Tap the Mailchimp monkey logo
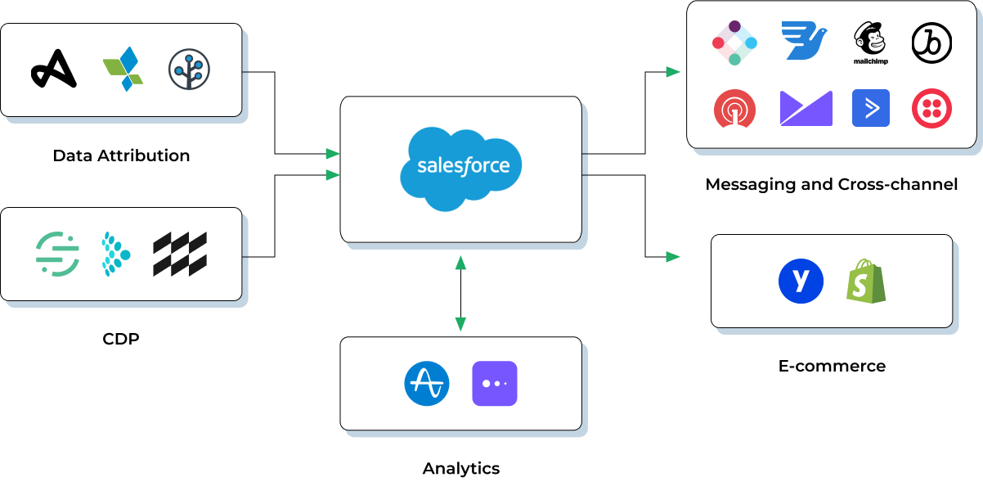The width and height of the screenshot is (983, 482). click(870, 42)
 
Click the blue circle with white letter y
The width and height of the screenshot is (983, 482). click(801, 281)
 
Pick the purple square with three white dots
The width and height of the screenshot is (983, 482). click(495, 384)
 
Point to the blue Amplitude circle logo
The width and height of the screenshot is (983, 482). click(427, 384)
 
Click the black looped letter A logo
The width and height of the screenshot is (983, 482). click(54, 69)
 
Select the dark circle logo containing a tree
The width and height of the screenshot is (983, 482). click(189, 70)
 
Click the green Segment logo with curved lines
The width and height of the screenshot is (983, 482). click(57, 254)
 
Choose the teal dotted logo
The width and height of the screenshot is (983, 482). click(114, 254)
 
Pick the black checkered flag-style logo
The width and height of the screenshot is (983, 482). click(180, 254)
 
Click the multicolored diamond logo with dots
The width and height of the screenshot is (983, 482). click(734, 43)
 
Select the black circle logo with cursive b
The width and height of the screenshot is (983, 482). click(931, 43)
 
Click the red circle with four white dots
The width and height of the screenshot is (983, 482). click(931, 109)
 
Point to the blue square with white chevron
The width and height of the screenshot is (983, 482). click(870, 108)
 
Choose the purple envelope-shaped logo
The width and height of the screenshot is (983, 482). click(806, 108)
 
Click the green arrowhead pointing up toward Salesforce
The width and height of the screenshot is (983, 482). click(460, 263)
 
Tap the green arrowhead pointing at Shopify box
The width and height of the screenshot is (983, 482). click(673, 257)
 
